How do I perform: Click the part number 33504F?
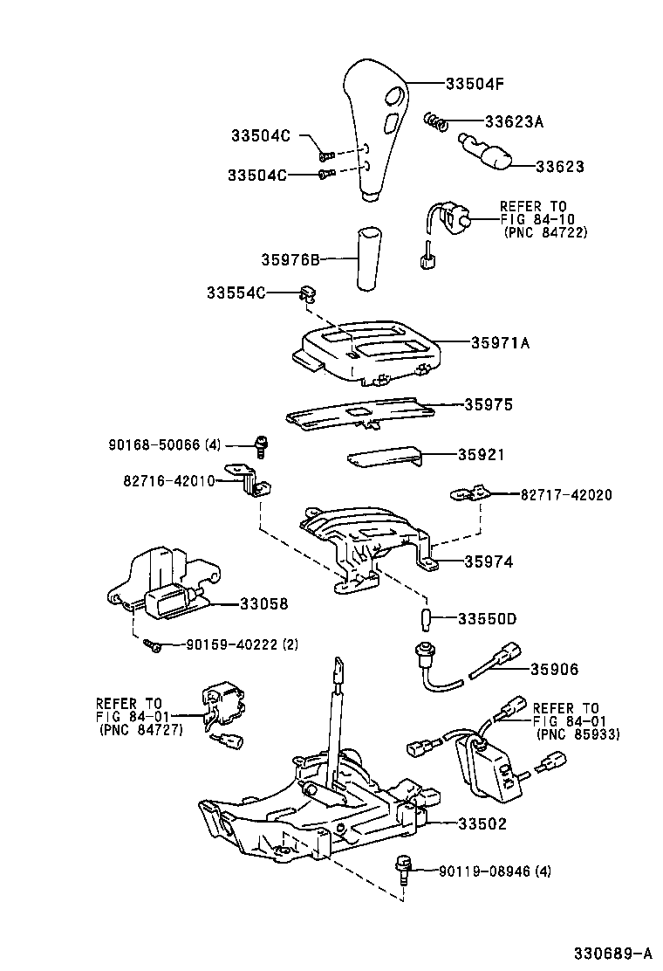pyautogui.click(x=475, y=84)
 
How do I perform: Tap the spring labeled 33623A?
pyautogui.click(x=436, y=121)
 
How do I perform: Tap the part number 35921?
pyautogui.click(x=484, y=455)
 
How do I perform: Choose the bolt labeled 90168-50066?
pyautogui.click(x=259, y=445)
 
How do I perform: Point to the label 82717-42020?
pyautogui.click(x=566, y=494)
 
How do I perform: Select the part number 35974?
pyautogui.click(x=489, y=563)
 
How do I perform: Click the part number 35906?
pyautogui.click(x=554, y=669)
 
